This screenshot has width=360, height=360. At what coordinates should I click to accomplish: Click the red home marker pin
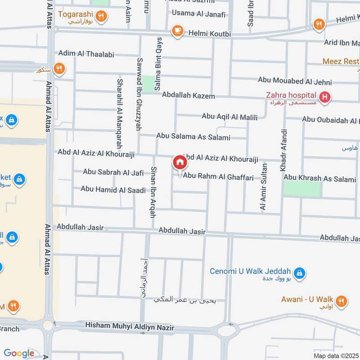point(180,162)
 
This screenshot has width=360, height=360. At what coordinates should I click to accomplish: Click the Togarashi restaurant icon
point(102,17)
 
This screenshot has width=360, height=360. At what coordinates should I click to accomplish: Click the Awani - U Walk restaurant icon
point(341,300)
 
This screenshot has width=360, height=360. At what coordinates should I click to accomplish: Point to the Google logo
point(19,353)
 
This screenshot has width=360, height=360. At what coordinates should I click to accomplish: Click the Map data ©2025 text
point(336,355)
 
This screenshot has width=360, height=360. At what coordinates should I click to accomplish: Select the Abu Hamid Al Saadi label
point(113,189)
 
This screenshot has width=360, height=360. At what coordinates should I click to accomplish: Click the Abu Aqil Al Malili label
point(229,117)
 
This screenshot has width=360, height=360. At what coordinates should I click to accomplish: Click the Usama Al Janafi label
point(199,14)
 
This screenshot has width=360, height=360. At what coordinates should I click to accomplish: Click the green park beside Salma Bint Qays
point(148,84)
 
